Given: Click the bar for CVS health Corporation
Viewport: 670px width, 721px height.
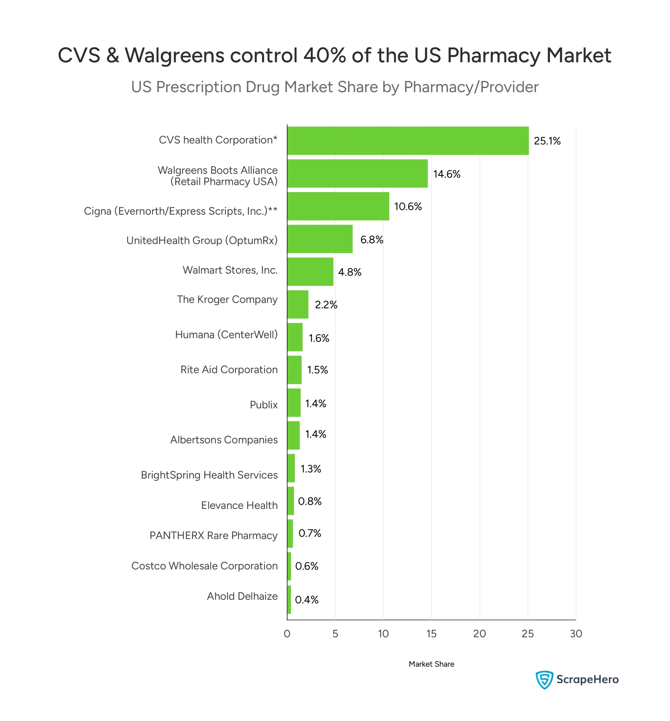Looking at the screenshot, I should coord(408,141).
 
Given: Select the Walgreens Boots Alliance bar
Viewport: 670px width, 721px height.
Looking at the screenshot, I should coord(358,173).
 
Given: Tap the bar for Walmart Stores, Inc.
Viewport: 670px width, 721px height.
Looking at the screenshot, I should coord(310,272).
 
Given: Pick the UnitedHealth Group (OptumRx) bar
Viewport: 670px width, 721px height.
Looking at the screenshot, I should coord(320,239).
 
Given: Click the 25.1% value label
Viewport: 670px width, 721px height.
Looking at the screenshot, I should coord(547,141).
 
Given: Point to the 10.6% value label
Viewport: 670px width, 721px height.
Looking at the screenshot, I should coord(408,207).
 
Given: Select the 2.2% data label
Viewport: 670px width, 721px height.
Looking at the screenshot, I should coord(326,305).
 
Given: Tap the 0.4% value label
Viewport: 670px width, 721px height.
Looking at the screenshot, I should coord(307,600).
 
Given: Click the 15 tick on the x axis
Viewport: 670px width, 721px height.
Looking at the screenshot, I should coord(432,634).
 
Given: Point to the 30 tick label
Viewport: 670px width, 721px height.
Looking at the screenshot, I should coord(576,634).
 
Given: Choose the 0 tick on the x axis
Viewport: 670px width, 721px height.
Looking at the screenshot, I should coord(287,634).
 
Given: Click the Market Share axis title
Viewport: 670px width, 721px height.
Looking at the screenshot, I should coord(432,664).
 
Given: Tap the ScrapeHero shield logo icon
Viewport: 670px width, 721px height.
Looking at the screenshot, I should coord(544,680).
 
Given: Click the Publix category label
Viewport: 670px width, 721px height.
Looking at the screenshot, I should coord(263,405).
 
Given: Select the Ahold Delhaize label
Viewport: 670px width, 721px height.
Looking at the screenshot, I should coord(242,596).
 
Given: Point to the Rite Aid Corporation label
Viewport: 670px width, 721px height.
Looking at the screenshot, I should coord(229,370).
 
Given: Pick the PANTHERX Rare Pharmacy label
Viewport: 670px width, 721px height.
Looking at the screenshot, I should coord(214,535).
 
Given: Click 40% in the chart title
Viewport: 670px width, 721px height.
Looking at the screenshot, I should coord(325,55).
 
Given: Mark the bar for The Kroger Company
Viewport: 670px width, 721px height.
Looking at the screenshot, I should coord(298,304).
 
